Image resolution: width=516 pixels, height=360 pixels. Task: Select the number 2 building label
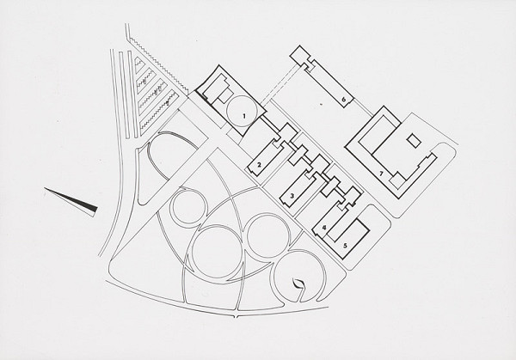click(x=259, y=165)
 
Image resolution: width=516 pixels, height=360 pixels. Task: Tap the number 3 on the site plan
click(x=292, y=197)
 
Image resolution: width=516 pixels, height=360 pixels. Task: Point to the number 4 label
click(x=323, y=227)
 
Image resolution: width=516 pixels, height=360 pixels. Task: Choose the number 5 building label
click(x=345, y=245)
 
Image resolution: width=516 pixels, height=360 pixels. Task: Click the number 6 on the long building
click(x=343, y=101)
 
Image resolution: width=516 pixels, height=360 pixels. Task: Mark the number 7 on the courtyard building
click(x=380, y=174)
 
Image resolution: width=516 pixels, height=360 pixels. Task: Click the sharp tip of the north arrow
click(x=41, y=189)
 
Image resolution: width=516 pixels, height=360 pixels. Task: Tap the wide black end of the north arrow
click(x=94, y=208)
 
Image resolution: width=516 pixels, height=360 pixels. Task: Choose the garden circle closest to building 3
click(x=266, y=234)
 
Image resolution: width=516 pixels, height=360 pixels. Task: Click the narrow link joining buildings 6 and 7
click(x=366, y=111)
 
